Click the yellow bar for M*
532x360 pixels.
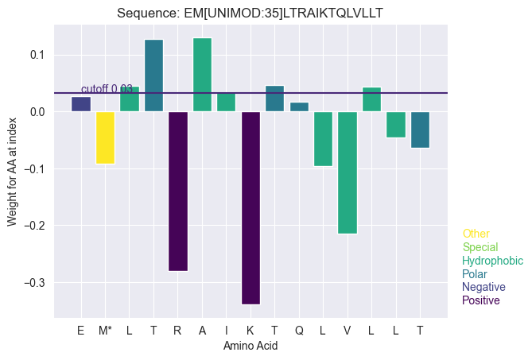click(x=105, y=137)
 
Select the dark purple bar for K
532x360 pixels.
click(x=250, y=207)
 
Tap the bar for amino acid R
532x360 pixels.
click(x=178, y=191)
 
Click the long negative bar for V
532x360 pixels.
click(x=348, y=172)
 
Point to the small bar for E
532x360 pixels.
click(x=81, y=104)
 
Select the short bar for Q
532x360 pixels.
click(x=299, y=106)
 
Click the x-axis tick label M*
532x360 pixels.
click(x=105, y=330)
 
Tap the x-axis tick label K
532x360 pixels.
click(x=250, y=330)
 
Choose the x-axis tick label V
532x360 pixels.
click(x=348, y=330)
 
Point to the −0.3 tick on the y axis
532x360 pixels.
click(x=36, y=283)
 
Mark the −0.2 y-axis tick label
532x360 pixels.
click(x=36, y=226)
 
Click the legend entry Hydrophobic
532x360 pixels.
click(x=492, y=261)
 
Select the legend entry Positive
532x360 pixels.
click(x=480, y=300)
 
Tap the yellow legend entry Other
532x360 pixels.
click(x=476, y=234)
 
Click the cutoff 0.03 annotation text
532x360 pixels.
click(x=107, y=89)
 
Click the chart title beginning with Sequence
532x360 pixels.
click(x=250, y=14)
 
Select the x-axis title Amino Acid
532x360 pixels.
click(x=250, y=346)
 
